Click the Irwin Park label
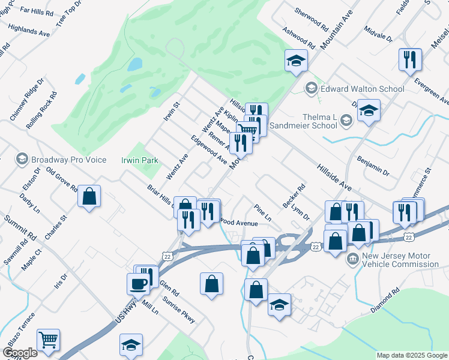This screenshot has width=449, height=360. tap(140, 160)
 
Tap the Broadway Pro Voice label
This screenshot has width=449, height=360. tap(68, 160)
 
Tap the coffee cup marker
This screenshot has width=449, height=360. tap(137, 283)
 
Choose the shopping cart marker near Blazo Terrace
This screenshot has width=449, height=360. tap(48, 340)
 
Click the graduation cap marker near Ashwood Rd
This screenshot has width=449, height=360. tap(296, 61)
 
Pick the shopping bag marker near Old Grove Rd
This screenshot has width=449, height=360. tap(89, 196)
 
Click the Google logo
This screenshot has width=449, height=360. tap(19, 353)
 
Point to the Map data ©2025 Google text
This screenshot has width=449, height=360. tap(412, 355)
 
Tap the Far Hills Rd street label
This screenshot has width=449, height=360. tap(37, 11)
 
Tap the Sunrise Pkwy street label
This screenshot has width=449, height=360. tap(179, 310)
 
